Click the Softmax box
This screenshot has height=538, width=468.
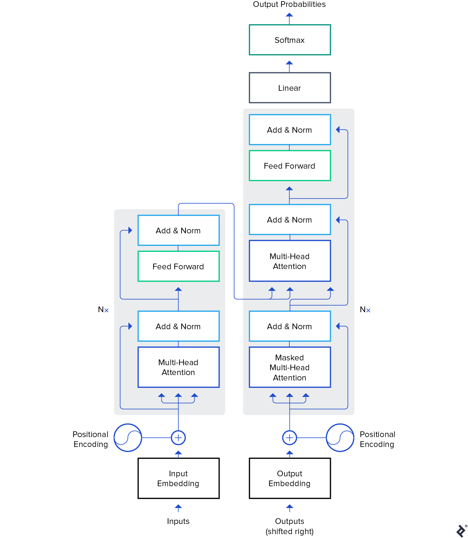(289, 40)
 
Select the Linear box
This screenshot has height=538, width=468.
(289, 88)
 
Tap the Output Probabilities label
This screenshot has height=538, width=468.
(289, 4)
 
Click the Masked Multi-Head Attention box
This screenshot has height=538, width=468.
(289, 367)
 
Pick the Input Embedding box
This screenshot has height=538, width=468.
(178, 478)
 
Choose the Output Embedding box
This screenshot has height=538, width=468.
(289, 478)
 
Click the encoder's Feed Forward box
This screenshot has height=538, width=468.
(178, 266)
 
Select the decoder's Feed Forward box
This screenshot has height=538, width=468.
(289, 166)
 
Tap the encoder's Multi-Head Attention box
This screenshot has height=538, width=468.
(178, 367)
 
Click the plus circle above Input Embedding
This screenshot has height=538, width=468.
(178, 438)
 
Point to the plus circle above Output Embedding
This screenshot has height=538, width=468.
(289, 438)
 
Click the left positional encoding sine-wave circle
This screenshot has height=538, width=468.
(128, 438)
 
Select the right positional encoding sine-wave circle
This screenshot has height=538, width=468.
(340, 438)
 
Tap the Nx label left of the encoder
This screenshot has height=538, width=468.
(103, 309)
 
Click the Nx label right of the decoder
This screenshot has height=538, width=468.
(365, 309)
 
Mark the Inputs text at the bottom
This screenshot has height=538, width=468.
(178, 521)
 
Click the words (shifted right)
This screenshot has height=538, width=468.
(289, 531)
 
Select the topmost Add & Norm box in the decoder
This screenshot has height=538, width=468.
(289, 130)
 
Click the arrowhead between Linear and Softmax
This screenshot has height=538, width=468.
(289, 63)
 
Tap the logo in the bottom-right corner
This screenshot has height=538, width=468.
(461, 531)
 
